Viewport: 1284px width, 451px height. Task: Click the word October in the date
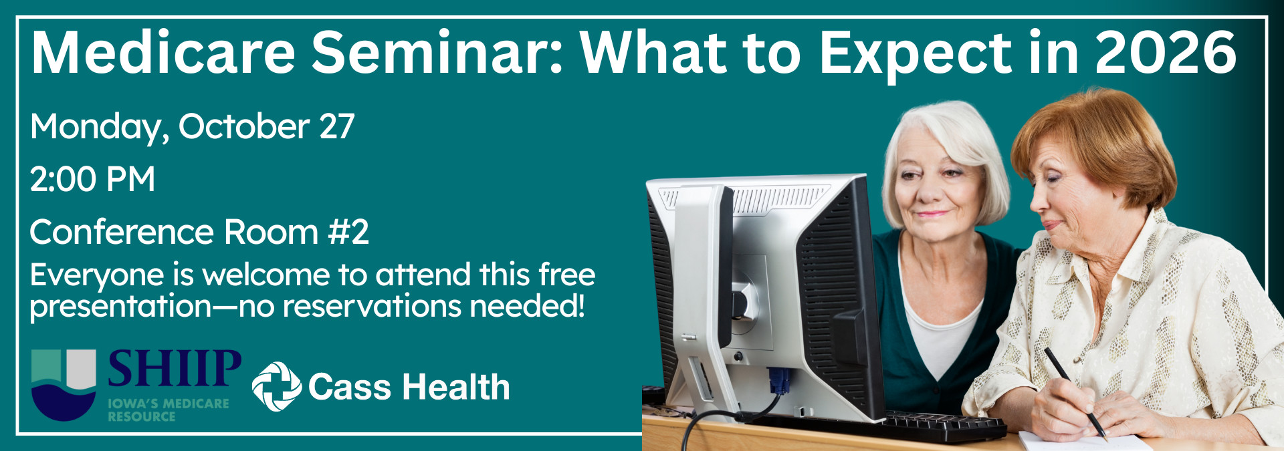[x=243, y=126]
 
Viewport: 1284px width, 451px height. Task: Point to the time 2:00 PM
[x=92, y=179]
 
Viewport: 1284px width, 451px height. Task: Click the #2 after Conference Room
[x=348, y=232]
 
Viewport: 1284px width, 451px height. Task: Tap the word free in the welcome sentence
[x=567, y=275]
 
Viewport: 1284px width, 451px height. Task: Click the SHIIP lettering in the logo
[x=175, y=369]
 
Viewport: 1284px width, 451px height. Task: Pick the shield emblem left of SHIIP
[x=64, y=385]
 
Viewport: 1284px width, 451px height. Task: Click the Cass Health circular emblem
[x=276, y=386]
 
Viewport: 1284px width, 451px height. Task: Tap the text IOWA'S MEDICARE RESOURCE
[x=169, y=410]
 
